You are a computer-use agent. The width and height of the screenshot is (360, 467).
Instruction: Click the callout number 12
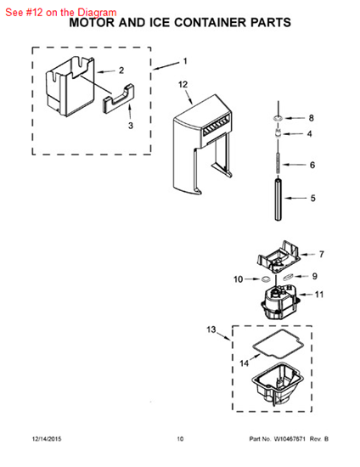[x=183, y=85]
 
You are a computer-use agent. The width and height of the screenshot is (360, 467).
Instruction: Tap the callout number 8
[x=311, y=118]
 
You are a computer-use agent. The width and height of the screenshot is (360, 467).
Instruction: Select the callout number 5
[x=313, y=199]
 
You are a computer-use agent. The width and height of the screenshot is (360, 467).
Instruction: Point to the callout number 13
[x=211, y=329]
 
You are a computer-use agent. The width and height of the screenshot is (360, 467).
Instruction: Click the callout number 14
[x=245, y=363]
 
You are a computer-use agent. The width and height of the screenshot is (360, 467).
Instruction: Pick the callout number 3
[x=131, y=126]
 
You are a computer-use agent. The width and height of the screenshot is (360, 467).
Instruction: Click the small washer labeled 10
[x=266, y=279]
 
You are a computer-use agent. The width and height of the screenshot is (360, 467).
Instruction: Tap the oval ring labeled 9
[x=288, y=278]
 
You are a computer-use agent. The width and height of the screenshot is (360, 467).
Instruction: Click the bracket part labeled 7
[x=278, y=256]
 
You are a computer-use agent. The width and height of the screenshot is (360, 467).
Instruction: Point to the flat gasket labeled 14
[x=278, y=344]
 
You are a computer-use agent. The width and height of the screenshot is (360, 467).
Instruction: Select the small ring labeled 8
[x=278, y=119]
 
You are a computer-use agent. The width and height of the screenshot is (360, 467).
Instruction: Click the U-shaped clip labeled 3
[x=118, y=98]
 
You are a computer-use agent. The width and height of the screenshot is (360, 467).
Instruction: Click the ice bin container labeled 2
[x=70, y=87]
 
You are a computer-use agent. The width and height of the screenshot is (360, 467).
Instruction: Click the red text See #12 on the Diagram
[x=61, y=13]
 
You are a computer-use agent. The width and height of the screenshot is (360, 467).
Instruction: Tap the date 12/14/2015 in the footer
[x=47, y=439]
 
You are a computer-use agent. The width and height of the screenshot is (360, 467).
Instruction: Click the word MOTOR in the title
[x=92, y=23]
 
